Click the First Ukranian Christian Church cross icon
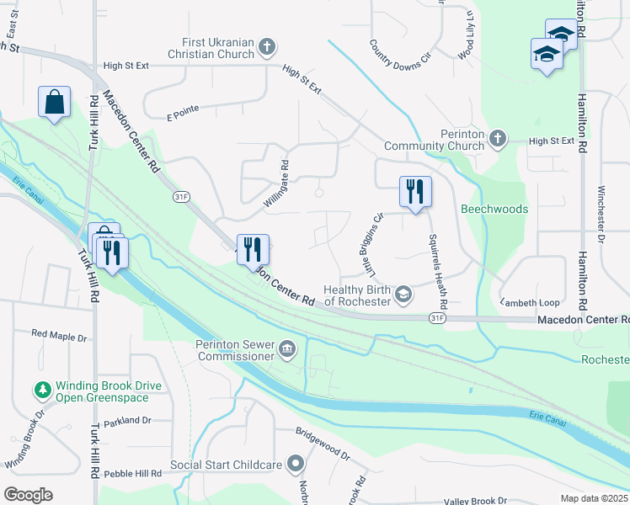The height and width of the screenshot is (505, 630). point(267,46)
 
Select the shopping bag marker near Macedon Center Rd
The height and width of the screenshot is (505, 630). point(55,102)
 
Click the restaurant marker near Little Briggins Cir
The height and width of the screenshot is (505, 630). point(415,191)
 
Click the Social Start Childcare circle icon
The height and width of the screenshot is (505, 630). point(295,464)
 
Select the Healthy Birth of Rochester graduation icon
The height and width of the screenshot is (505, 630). point(404,294)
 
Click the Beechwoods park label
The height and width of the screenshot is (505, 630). point(494,209)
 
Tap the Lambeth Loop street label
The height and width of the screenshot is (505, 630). point(530,302)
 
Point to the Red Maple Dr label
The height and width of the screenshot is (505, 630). point(59,335)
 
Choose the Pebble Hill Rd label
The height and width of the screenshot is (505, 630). point(133,474)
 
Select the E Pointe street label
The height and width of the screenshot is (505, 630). point(182,112)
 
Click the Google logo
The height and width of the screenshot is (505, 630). point(28,495)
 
